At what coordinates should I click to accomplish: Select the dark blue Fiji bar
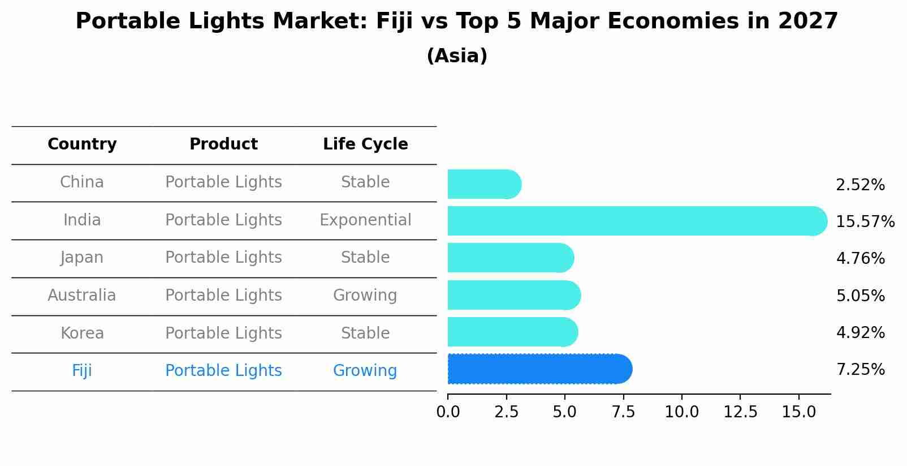[539, 369]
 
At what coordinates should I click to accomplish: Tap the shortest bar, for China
[483, 185]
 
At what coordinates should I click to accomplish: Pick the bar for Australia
[513, 295]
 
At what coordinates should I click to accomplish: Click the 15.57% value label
[865, 221]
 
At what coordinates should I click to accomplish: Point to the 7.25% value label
[860, 370]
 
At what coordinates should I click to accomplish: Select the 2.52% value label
[860, 185]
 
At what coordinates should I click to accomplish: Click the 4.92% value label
[860, 332]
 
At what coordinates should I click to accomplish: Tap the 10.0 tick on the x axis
[681, 412]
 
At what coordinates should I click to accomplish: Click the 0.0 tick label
[448, 412]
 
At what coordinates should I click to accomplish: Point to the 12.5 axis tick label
[740, 412]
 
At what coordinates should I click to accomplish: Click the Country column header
[82, 144]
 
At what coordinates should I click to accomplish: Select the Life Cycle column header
[365, 144]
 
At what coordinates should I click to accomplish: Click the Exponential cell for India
[365, 220]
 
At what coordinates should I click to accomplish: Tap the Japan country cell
[82, 258]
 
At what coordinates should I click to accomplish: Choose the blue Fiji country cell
[82, 371]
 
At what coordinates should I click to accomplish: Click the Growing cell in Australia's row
[365, 296]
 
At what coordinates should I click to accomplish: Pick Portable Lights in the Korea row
[223, 333]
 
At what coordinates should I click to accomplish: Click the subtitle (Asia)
[457, 56]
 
